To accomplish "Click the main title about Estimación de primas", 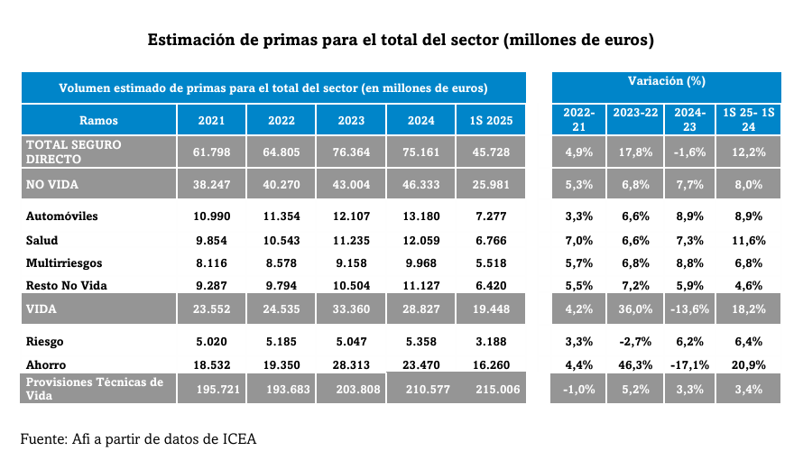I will pos(401,41).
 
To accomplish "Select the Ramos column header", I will pos(98,120).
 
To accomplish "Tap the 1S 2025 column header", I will pos(491,120).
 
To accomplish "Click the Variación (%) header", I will pos(666,81).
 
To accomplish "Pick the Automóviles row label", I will pos(62,217).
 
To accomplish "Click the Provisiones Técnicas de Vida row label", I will pos(95,388).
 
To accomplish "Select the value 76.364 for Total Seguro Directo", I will pos(351,152).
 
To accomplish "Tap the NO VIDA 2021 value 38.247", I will pos(211,184).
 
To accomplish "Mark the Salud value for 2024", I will pos(420,241).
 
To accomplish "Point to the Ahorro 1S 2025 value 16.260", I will pos(491,365).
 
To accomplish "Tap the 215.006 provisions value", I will pos(491,388).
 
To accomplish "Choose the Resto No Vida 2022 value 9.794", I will pos(281,286).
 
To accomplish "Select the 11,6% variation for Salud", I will pos(749,241).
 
